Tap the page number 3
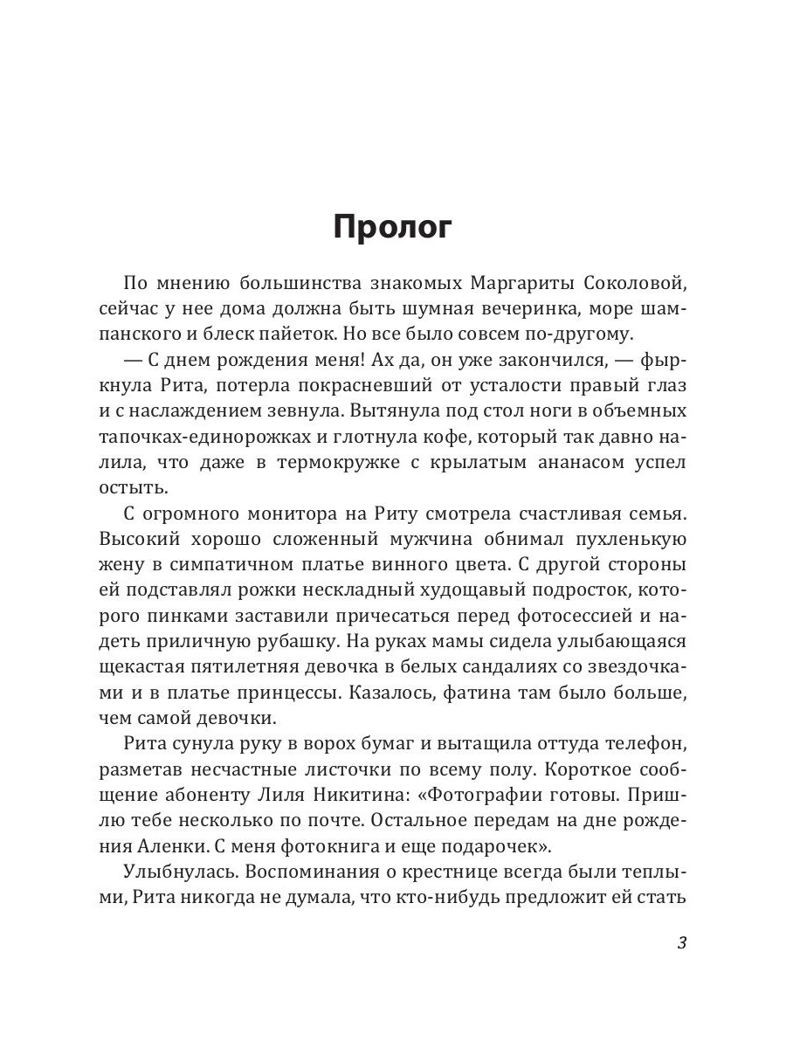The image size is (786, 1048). [x=683, y=943]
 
